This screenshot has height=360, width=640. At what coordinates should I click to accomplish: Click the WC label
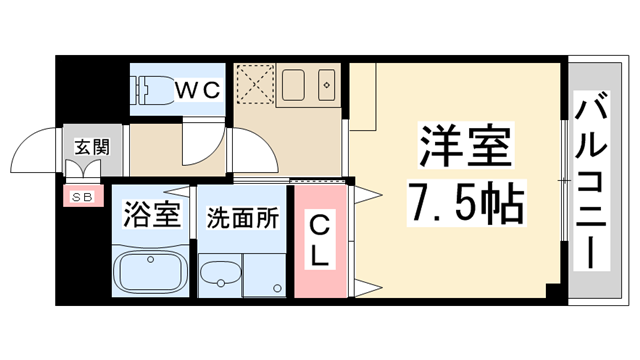[x=198, y=89]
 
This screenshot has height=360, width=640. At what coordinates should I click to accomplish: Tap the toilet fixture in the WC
[x=151, y=90]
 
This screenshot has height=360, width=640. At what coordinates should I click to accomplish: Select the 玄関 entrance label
[x=92, y=147]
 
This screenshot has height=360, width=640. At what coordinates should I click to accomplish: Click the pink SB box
[x=83, y=196]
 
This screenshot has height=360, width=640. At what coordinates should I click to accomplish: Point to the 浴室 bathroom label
[x=151, y=214]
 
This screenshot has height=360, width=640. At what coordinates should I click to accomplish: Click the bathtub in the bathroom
[x=150, y=272]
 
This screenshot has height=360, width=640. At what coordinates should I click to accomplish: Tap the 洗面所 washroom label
[x=242, y=218]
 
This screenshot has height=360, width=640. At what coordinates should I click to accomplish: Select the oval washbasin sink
[x=221, y=273]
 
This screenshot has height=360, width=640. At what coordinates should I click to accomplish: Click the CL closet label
[x=320, y=241]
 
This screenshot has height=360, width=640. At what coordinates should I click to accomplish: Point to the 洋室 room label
[x=466, y=146]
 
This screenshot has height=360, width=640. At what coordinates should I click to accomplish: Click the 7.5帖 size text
[x=467, y=202]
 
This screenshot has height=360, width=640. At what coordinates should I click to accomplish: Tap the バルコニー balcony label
[x=591, y=180]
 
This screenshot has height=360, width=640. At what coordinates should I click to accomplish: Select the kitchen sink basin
[x=293, y=85]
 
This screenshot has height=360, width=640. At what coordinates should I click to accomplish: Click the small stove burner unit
[x=327, y=85]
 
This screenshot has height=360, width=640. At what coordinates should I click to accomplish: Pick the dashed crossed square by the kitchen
[x=256, y=84]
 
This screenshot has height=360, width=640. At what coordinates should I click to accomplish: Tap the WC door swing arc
[x=209, y=148]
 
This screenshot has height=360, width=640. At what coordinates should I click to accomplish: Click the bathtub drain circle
[x=151, y=259]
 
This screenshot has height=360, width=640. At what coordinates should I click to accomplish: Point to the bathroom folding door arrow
[x=179, y=192]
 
